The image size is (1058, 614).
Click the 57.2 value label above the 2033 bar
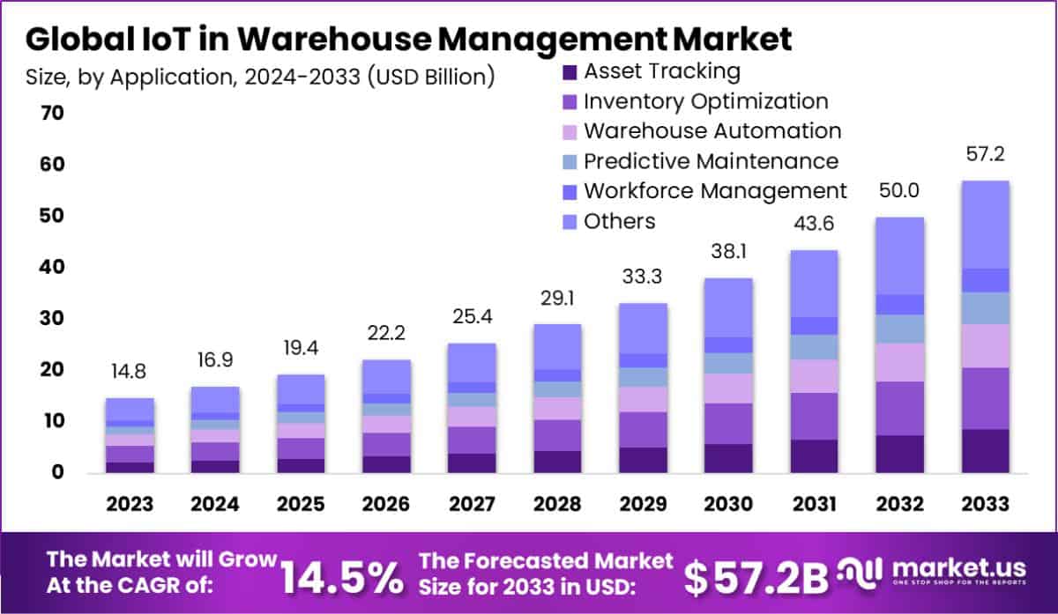pyautogui.click(x=985, y=155)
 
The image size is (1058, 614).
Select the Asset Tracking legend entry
pyautogui.click(x=661, y=71)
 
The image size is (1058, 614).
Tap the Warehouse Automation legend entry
pyautogui.click(x=712, y=131)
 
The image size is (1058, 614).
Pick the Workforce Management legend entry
pyautogui.click(x=714, y=191)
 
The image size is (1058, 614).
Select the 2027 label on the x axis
pyautogui.click(x=472, y=504)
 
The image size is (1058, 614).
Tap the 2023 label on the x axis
pyautogui.click(x=130, y=504)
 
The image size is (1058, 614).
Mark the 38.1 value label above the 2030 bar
pyautogui.click(x=727, y=252)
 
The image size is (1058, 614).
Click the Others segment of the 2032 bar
pyautogui.click(x=899, y=255)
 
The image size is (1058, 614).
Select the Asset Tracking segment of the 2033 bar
pyautogui.click(x=985, y=451)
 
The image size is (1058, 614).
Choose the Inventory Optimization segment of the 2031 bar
pyautogui.click(x=814, y=416)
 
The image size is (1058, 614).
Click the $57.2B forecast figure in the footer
pyautogui.click(x=756, y=576)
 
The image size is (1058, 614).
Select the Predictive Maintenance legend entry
pyautogui.click(x=710, y=161)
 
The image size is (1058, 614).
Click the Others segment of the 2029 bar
pyautogui.click(x=643, y=328)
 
